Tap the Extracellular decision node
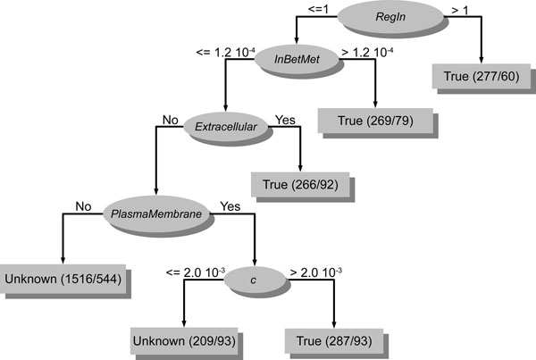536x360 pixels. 227,127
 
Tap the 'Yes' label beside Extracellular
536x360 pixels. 285,119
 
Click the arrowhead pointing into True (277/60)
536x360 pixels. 482,59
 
